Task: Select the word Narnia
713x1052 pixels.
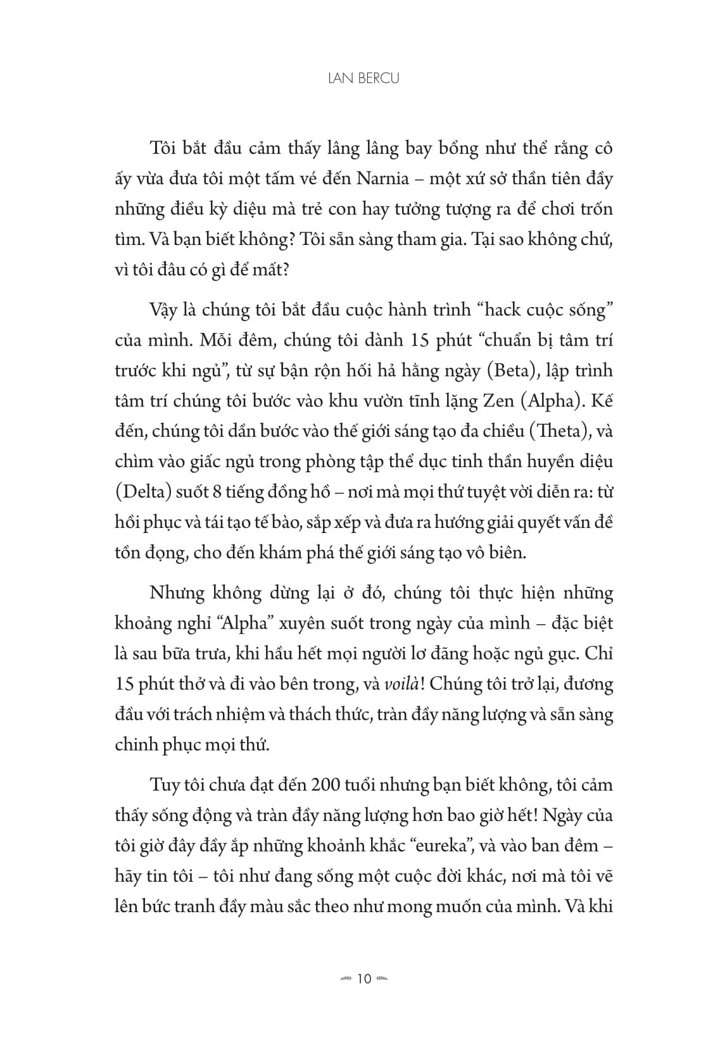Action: click(x=382, y=179)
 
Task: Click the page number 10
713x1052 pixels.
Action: click(x=364, y=979)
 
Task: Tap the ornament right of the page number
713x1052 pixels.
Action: click(x=383, y=979)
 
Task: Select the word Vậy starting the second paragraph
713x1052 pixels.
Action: click(x=165, y=310)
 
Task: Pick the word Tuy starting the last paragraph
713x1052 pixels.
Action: click(x=164, y=786)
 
